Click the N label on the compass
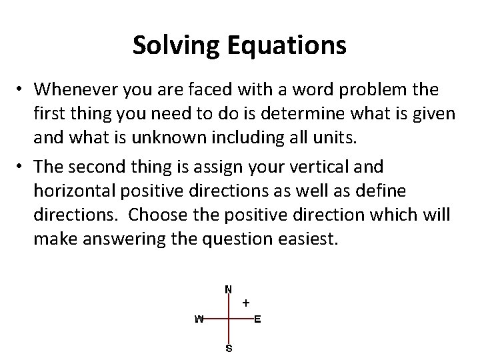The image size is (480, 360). click(229, 289)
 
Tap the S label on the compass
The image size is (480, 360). click(229, 348)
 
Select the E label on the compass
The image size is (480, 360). click(258, 319)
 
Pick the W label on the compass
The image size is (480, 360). click(199, 319)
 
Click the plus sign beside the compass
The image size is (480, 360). click(246, 303)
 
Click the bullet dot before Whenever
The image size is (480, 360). click(21, 89)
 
